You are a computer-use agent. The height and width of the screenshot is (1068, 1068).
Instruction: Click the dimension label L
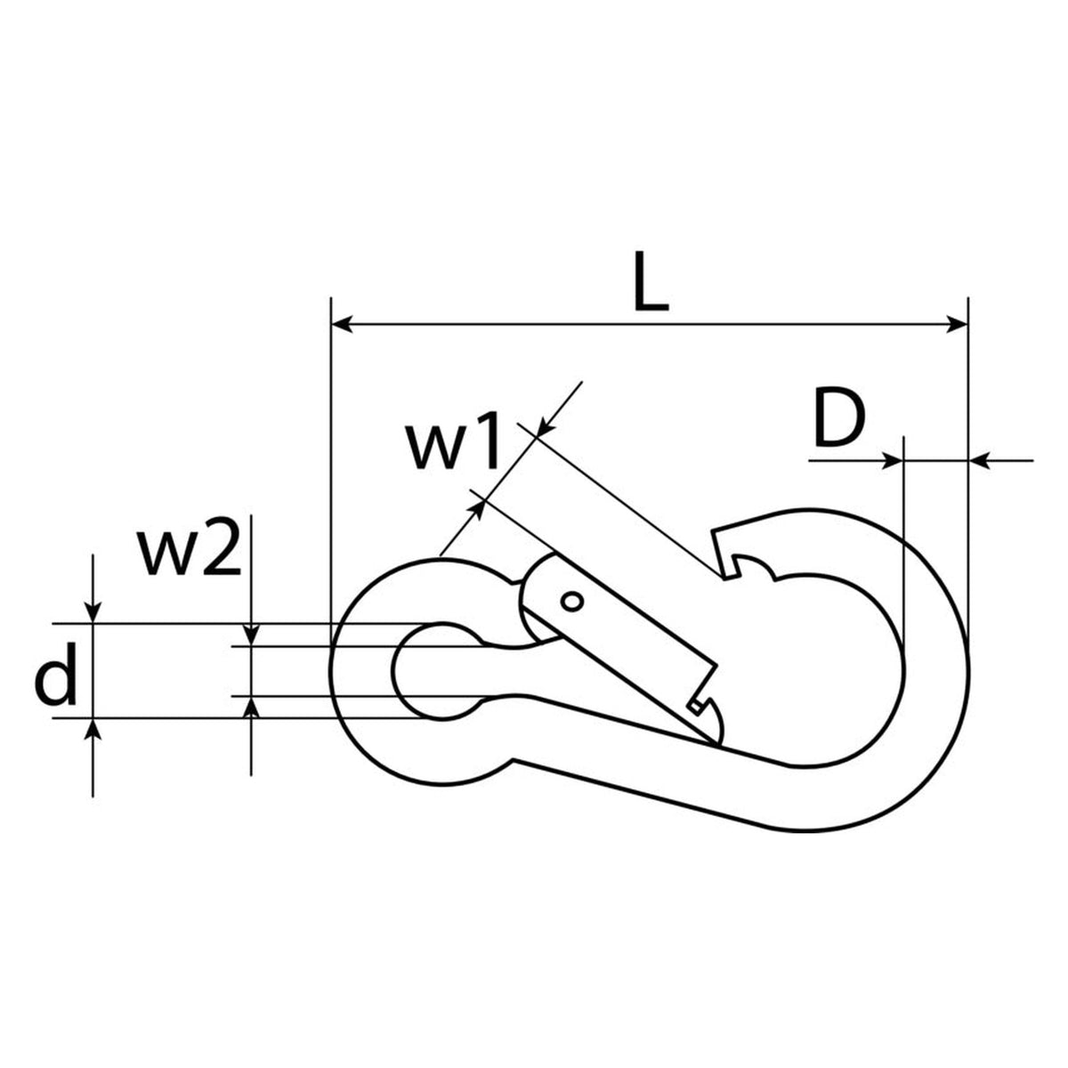coord(651,280)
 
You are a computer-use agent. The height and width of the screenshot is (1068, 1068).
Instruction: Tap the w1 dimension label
coord(453,445)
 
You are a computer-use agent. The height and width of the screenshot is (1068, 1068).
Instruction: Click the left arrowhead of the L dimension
coord(343,324)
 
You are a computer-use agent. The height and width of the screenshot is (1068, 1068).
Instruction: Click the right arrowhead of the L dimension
coord(956,324)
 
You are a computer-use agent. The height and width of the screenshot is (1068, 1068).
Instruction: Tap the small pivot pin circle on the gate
coord(571,602)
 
